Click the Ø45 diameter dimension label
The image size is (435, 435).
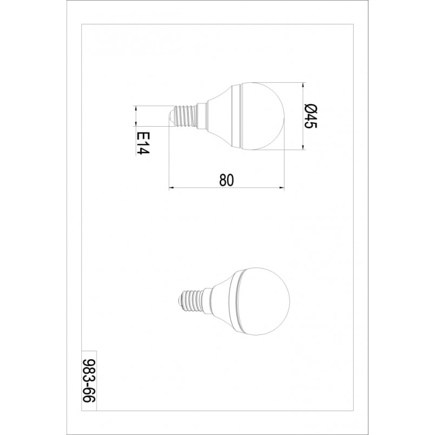coord(311,116)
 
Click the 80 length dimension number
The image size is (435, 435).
coord(227,180)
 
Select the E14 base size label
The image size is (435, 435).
coord(143,143)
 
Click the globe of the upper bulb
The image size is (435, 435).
coord(263,116)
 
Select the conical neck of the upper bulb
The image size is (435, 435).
coord(219,116)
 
